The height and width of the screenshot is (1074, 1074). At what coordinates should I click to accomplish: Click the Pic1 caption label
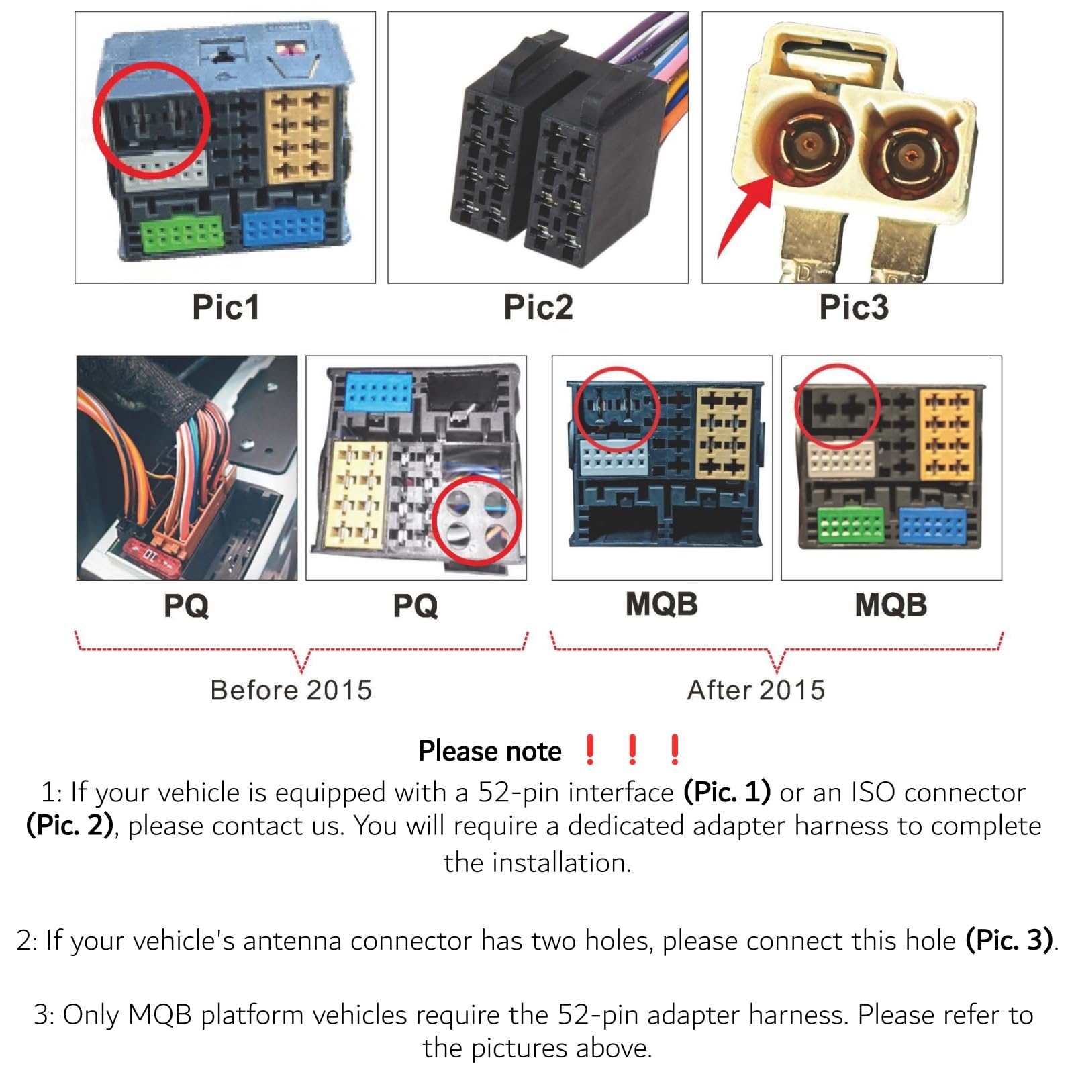(x=226, y=307)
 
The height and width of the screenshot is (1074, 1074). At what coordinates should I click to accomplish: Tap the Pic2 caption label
(x=538, y=307)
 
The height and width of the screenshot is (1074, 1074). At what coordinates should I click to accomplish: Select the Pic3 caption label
(x=854, y=307)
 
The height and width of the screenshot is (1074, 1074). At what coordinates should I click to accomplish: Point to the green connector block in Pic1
(x=182, y=233)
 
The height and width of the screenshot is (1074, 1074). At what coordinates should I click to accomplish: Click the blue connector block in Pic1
(x=283, y=228)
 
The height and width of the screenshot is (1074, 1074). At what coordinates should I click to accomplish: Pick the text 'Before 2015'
(x=291, y=690)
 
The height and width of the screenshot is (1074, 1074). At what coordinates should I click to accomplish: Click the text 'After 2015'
(x=756, y=690)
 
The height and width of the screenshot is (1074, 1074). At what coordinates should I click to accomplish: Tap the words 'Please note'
(x=490, y=750)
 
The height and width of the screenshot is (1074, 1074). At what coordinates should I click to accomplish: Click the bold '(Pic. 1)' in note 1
(x=727, y=792)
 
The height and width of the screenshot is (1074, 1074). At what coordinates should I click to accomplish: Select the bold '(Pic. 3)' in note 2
(x=1009, y=940)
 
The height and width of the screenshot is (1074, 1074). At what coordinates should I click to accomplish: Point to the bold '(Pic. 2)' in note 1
(x=70, y=826)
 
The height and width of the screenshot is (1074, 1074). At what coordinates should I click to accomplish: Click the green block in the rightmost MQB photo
(x=850, y=525)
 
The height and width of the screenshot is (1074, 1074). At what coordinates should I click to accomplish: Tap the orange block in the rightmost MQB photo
(x=946, y=434)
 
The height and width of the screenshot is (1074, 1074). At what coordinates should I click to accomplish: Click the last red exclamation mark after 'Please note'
(x=675, y=750)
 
